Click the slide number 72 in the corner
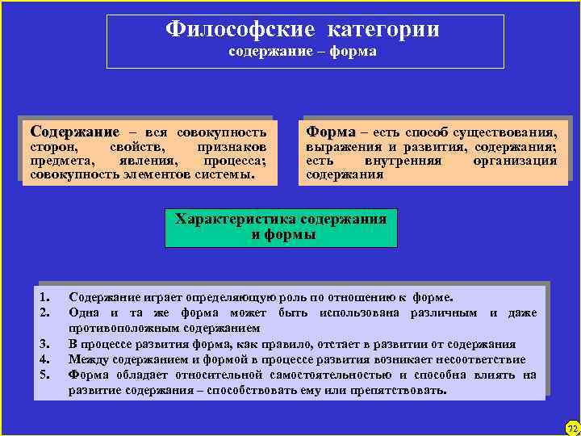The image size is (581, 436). [x=571, y=426]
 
